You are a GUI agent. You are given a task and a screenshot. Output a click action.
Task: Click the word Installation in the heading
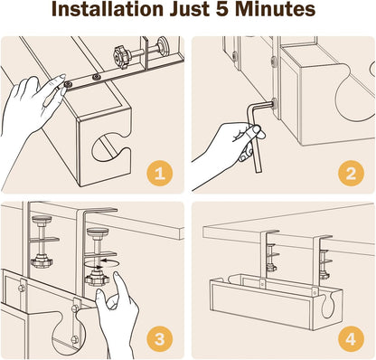pyautogui.click(x=108, y=9)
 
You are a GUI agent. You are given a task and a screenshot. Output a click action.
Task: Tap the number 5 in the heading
pyautogui.click(x=222, y=9)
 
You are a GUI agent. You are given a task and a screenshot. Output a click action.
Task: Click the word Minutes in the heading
pyautogui.click(x=275, y=9)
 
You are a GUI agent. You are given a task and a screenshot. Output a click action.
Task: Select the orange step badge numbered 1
pyautogui.click(x=159, y=174)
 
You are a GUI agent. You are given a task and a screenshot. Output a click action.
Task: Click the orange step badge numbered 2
pyautogui.click(x=351, y=174)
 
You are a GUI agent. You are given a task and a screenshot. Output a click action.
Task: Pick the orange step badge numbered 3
pyautogui.click(x=159, y=339)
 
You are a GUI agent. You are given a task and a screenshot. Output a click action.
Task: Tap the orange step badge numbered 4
pyautogui.click(x=351, y=339)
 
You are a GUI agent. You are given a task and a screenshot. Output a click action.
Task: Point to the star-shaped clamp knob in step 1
pyautogui.click(x=122, y=56)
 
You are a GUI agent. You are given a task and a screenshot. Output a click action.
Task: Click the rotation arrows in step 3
pyautogui.click(x=101, y=263)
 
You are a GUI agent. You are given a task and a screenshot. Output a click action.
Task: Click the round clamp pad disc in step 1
pyautogui.click(x=164, y=44)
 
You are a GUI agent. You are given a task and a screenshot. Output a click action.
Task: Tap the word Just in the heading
pyautogui.click(x=190, y=9)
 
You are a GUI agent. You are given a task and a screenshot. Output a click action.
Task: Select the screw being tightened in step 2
pyautogui.click(x=274, y=104)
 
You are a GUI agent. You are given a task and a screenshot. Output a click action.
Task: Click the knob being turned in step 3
pyautogui.click(x=97, y=279)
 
